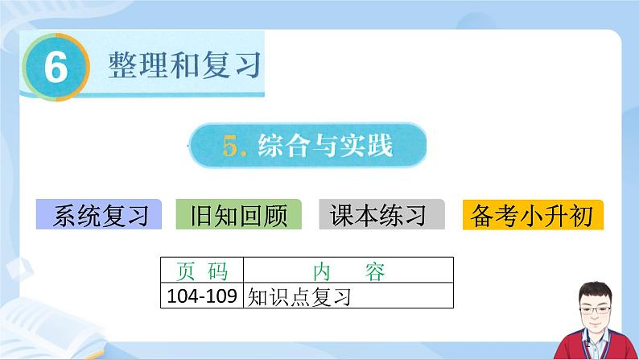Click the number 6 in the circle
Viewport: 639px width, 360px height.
55,69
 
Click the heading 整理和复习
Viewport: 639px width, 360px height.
185,64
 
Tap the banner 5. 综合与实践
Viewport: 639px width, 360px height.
307,146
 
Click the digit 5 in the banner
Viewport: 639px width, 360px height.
234,147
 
